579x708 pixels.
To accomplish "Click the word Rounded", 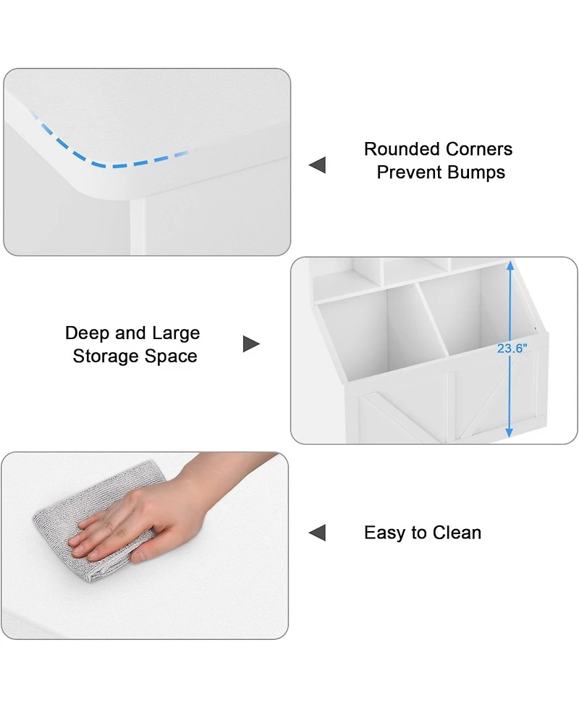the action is click(x=401, y=149).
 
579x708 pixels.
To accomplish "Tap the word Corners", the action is click(x=479, y=149).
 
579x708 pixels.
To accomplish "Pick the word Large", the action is click(x=176, y=333).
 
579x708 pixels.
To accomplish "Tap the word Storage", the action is click(x=106, y=357).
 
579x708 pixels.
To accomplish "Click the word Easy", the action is click(x=384, y=533).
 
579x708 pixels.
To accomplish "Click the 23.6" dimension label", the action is click(x=512, y=348).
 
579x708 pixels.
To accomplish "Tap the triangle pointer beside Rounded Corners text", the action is click(x=318, y=164).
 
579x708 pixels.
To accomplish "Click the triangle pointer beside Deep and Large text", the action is click(x=251, y=344).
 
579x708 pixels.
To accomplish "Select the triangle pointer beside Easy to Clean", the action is click(x=318, y=533).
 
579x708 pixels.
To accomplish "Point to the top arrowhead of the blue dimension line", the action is click(x=510, y=265).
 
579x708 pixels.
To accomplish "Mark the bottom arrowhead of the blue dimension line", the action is click(x=509, y=433).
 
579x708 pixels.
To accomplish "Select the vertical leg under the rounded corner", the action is click(x=137, y=226).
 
